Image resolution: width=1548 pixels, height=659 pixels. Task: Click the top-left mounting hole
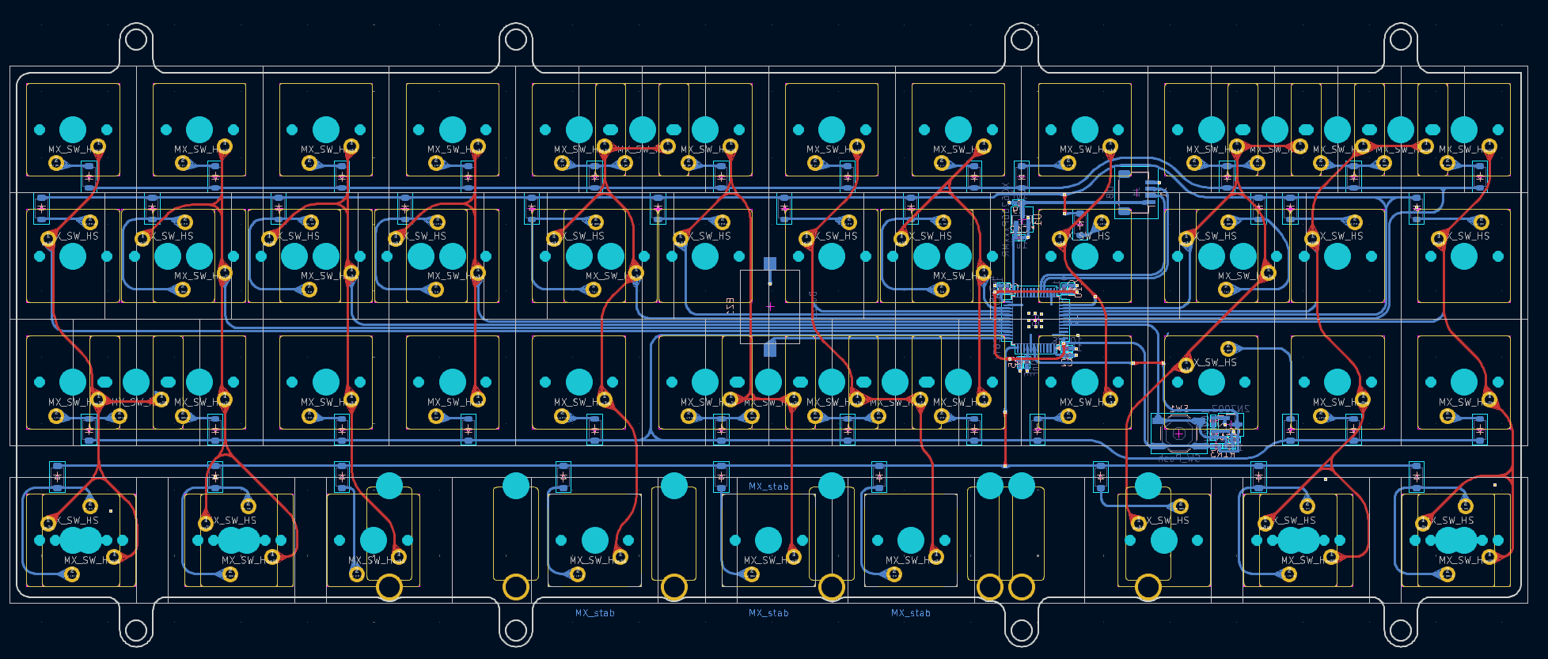click(x=136, y=39)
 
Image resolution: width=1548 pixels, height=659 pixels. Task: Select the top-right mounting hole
click(x=1401, y=39)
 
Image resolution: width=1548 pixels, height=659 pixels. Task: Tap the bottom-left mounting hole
click(x=136, y=631)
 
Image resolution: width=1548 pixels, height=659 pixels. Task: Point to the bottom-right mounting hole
click(x=1401, y=631)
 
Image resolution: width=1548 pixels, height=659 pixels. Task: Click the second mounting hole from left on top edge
click(x=515, y=39)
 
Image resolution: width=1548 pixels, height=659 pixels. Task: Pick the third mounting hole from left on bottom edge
click(x=1022, y=631)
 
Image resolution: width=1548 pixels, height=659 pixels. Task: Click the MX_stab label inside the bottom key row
click(x=768, y=487)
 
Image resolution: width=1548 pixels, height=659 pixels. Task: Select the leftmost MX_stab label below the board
click(x=594, y=613)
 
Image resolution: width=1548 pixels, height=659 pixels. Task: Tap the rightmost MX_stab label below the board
click(x=910, y=613)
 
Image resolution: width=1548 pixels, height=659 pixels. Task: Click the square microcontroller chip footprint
click(x=1035, y=320)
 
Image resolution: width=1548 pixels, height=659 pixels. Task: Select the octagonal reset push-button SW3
click(x=1178, y=434)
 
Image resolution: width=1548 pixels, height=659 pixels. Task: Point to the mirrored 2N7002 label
click(x=1230, y=409)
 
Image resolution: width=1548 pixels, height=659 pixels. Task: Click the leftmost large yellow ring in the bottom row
click(x=389, y=587)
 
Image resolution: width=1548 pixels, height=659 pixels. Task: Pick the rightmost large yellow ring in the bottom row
click(x=1148, y=587)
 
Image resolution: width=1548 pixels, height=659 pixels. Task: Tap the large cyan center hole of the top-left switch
click(x=73, y=130)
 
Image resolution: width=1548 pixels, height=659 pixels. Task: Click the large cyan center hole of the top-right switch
click(x=1463, y=130)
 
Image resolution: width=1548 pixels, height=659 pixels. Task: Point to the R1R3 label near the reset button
click(x=1223, y=454)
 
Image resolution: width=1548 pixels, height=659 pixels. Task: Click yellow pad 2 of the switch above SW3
click(x=1228, y=348)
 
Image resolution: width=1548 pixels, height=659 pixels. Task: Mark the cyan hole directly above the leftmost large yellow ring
click(x=389, y=486)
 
